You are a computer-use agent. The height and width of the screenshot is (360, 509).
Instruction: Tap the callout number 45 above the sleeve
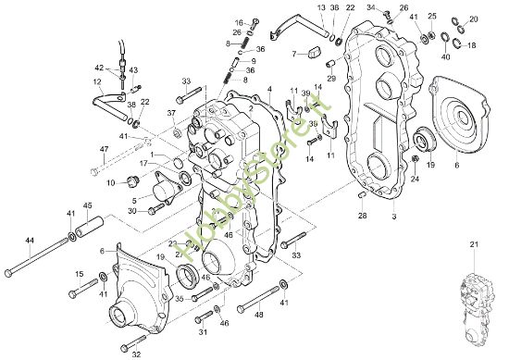(88, 205)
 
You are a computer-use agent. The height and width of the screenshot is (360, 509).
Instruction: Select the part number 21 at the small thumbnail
(475, 244)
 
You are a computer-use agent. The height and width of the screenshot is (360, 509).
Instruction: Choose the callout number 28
(363, 217)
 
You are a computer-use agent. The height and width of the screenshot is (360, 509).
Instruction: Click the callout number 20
(474, 19)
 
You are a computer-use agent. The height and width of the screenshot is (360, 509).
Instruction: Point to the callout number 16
(238, 21)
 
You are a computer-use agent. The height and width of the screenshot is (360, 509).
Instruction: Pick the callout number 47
(105, 148)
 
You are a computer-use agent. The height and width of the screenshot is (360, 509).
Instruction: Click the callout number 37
(171, 113)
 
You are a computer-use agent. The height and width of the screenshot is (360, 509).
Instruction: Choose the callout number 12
(96, 81)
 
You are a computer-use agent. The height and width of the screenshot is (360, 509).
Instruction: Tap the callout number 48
(259, 314)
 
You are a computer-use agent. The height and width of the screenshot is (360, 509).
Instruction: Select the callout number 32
(136, 353)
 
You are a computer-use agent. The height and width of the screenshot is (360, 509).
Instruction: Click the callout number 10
(110, 182)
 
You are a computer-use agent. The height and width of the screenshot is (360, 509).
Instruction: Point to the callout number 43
(133, 69)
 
